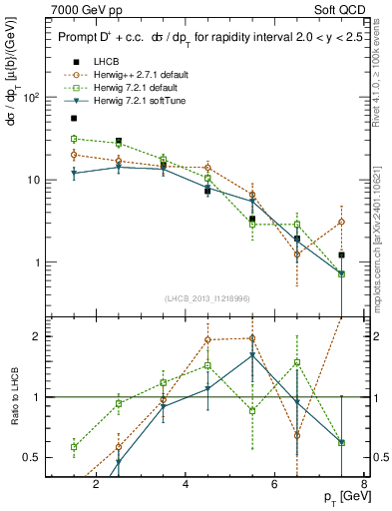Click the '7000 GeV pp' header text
pos(85,8)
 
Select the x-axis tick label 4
pos(187,486)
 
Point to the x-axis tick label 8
pos(366,486)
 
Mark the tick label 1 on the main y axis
pos(34,262)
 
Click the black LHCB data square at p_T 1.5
pos(74,118)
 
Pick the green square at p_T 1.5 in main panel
pos(74,139)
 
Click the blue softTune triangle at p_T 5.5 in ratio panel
pos(252,354)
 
